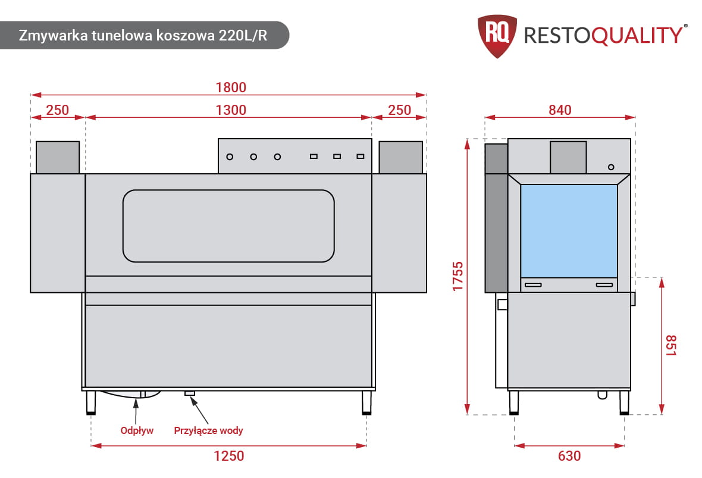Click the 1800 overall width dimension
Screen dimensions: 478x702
pyautogui.click(x=230, y=87)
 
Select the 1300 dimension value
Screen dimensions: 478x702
pyautogui.click(x=230, y=110)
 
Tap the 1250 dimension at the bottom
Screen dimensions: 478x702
pyautogui.click(x=229, y=456)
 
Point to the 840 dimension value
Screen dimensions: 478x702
pyautogui.click(x=560, y=110)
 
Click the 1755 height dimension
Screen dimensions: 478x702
pyautogui.click(x=457, y=276)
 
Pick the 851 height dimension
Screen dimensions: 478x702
pyautogui.click(x=671, y=345)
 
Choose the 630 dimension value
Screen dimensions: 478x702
pyautogui.click(x=569, y=456)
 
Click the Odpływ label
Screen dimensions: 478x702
pyautogui.click(x=137, y=430)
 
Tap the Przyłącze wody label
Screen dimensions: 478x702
pyautogui.click(x=208, y=430)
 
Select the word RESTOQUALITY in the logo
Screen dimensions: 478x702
pyautogui.click(x=602, y=35)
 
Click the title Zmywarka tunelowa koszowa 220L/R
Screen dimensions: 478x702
pyautogui.click(x=143, y=35)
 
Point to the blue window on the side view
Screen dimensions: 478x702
pyautogui.click(x=569, y=230)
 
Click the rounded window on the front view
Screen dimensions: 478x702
pyautogui.click(x=228, y=226)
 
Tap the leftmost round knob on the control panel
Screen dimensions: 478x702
pyautogui.click(x=230, y=157)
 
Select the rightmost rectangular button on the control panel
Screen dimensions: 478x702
pyautogui.click(x=360, y=157)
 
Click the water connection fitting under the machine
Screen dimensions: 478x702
pyautogui.click(x=190, y=393)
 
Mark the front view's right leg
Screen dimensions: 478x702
pyautogui.click(x=366, y=402)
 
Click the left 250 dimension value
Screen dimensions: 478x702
pyautogui.click(x=58, y=110)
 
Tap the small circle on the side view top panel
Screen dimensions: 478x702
pyautogui.click(x=611, y=166)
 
